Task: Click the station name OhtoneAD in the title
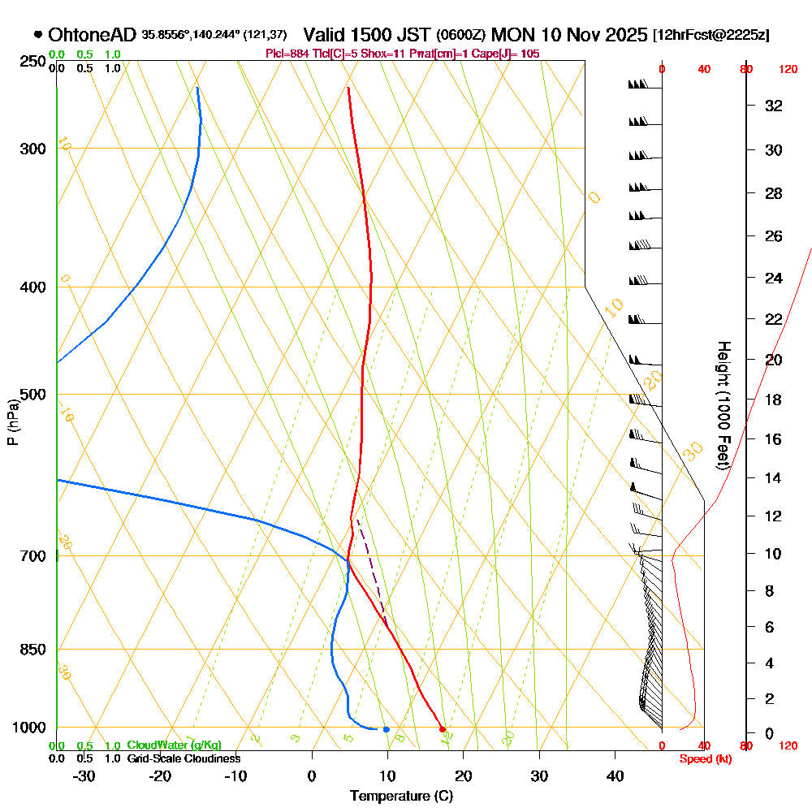pyautogui.click(x=93, y=35)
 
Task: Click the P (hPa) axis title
pyautogui.click(x=12, y=421)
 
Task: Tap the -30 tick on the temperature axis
pyautogui.click(x=84, y=776)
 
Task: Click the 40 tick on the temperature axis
pyautogui.click(x=615, y=776)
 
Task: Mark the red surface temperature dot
pyautogui.click(x=443, y=728)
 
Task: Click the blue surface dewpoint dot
pyautogui.click(x=386, y=729)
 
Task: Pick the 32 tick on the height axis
pyautogui.click(x=774, y=106)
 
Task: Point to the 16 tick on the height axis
pyautogui.click(x=774, y=439)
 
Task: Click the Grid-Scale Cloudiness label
pyautogui.click(x=183, y=758)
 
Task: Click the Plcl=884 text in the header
pyautogui.click(x=288, y=54)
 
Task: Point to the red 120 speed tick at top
pyautogui.click(x=788, y=70)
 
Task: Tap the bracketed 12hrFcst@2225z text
pyautogui.click(x=710, y=35)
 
